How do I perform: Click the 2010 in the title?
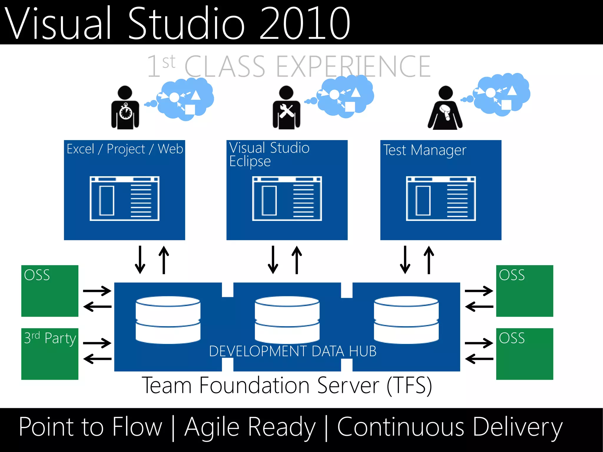click(305, 24)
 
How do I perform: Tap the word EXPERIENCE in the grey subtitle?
click(353, 67)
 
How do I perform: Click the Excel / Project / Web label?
click(125, 149)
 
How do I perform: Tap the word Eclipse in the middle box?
click(250, 162)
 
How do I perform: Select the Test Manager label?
click(425, 150)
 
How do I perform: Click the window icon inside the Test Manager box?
click(441, 199)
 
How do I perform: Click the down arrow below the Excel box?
click(140, 260)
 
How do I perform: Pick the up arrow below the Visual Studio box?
click(297, 260)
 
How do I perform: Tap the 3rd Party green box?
click(50, 354)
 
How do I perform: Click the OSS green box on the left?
click(50, 291)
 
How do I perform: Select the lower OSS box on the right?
click(524, 354)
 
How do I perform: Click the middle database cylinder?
click(287, 320)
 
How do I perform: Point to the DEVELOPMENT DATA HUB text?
click(293, 351)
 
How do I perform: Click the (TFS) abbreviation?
click(409, 385)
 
